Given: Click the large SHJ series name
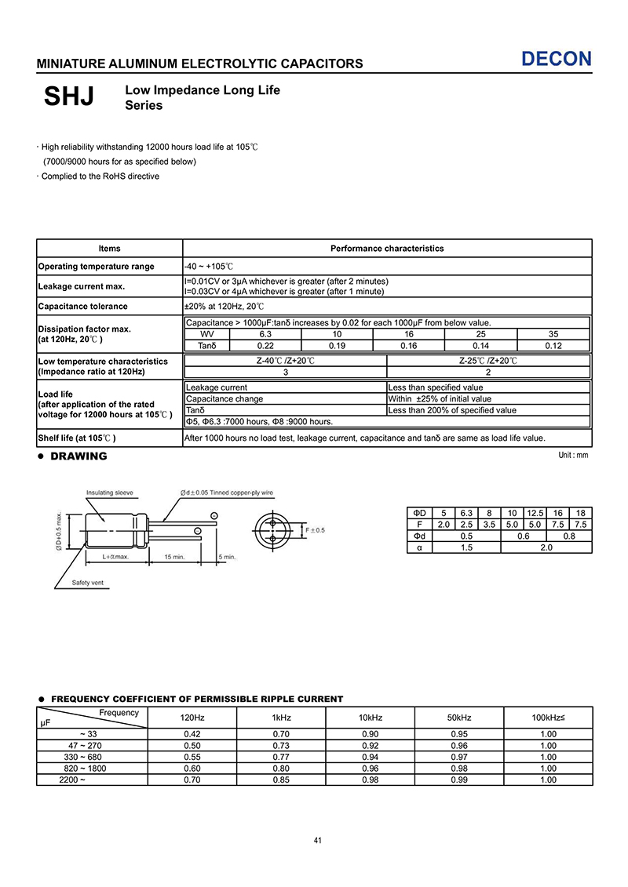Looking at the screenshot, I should point(69,97).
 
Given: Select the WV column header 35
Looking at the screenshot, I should point(553,334).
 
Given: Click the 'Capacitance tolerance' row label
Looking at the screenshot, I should point(82,307).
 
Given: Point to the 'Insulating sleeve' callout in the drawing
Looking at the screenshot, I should point(109,493).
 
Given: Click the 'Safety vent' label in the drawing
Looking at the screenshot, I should point(87,583).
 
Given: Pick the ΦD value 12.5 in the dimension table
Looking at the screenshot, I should point(535,513).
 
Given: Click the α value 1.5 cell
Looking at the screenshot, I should point(466,548).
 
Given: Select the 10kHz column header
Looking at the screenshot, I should point(371,718).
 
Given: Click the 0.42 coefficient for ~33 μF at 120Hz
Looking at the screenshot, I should point(192,734).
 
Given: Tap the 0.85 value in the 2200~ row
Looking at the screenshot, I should point(282,780).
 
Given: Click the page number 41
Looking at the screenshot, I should point(318,841).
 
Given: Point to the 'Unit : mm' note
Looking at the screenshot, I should point(572,456).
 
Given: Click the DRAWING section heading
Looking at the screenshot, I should point(78,456).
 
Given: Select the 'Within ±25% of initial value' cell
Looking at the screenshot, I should point(440,399).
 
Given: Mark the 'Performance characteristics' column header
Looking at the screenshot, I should point(387,249).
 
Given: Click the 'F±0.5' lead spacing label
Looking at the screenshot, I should point(315,531).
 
